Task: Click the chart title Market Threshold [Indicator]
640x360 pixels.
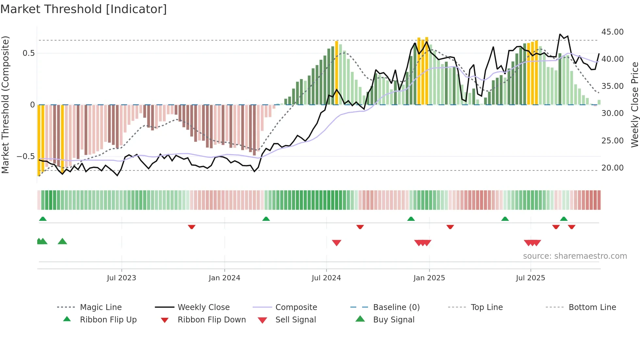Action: click(84, 9)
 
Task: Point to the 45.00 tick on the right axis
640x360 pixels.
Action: click(612, 32)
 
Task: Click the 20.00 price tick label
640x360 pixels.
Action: click(612, 168)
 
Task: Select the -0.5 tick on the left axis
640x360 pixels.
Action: click(26, 156)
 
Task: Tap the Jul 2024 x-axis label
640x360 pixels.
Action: click(326, 278)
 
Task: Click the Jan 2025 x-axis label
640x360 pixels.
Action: click(429, 278)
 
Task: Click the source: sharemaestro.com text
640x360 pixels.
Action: click(575, 256)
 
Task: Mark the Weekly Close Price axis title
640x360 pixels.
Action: click(634, 105)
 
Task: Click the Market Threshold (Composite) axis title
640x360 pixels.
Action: click(5, 105)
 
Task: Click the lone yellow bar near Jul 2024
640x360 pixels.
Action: click(337, 73)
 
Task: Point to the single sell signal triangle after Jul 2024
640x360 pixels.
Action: click(336, 242)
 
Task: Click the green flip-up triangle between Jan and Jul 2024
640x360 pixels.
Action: click(266, 219)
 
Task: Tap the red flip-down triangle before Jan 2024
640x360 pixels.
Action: click(192, 227)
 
